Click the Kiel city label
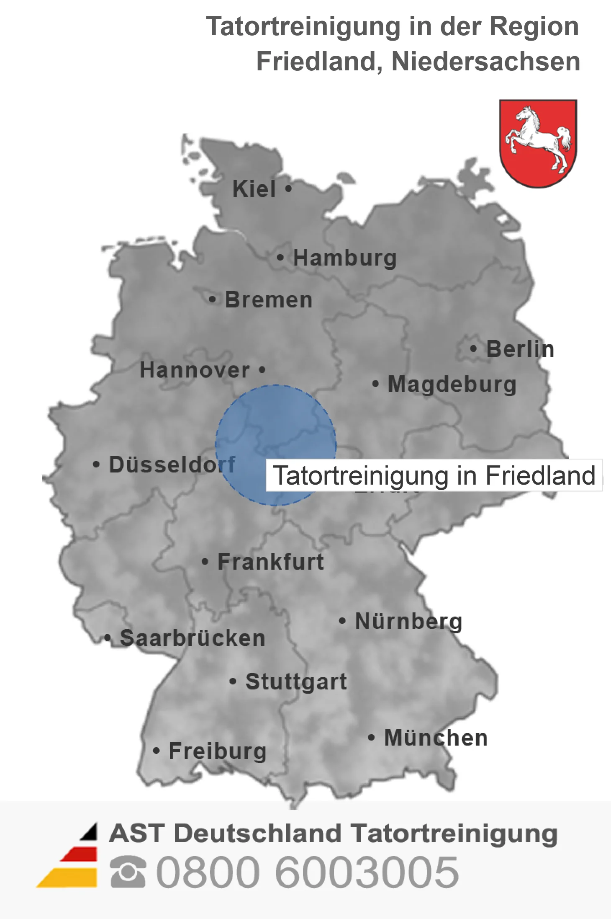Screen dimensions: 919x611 coord(254,189)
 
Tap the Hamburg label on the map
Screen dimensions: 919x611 coord(344,258)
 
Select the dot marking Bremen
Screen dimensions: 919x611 coord(213,299)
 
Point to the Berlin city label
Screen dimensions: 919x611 coord(520,349)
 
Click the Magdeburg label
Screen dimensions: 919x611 coord(452,384)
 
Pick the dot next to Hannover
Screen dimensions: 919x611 coord(262,370)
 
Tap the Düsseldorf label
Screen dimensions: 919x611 coord(172,465)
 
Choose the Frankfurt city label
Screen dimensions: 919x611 coord(271,562)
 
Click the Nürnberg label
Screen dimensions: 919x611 coord(408,621)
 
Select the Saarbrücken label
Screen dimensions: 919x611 coord(193,638)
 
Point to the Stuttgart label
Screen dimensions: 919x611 coord(296,682)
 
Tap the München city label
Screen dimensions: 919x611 coord(436,738)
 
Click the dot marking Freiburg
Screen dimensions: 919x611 coord(157,751)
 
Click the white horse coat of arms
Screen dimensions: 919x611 coord(538,143)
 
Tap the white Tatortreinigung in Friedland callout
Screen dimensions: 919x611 coord(434,475)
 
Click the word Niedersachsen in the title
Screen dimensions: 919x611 coord(485,62)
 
